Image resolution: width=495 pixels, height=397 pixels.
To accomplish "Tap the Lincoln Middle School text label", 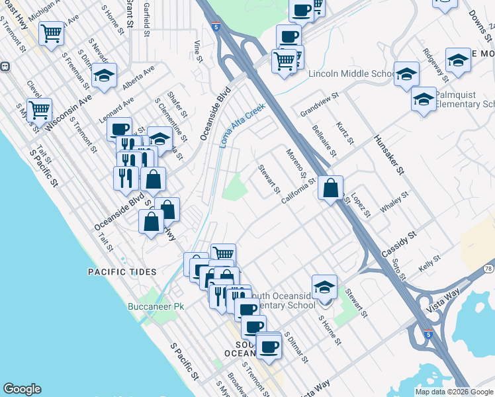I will coord(351,73).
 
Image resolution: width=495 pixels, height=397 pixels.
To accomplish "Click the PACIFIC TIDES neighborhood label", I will coord(122,272).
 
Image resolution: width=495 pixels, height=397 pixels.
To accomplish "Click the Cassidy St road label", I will coord(399,245).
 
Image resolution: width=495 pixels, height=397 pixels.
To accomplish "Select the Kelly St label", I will coord(429,264).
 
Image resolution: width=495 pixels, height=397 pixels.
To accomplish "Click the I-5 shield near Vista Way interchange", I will coord(428,336).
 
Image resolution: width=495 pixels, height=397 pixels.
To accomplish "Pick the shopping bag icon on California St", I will coord(330,189).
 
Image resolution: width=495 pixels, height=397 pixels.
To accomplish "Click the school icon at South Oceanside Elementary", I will coord(324,288).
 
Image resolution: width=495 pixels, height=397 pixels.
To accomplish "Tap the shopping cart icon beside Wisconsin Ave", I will coord(40,111).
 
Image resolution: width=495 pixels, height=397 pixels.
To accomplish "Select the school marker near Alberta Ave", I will coord(104,77).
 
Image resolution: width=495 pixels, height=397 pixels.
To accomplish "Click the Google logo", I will coord(22,390).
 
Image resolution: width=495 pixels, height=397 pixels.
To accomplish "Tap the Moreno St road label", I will coord(295,165).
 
